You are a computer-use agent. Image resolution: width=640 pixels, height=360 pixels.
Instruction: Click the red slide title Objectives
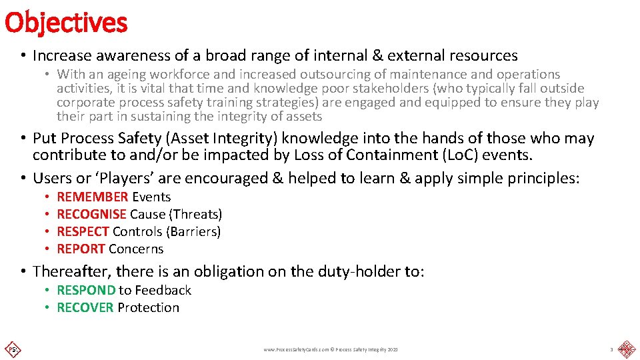(65, 22)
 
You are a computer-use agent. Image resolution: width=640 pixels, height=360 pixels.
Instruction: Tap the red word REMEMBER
(93, 197)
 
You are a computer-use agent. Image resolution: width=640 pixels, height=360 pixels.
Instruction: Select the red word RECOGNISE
(91, 214)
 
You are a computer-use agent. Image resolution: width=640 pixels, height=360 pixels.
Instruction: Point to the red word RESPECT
(83, 231)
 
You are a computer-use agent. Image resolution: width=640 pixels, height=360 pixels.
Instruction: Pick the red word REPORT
(81, 249)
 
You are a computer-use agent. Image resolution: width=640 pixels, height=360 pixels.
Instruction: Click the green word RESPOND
(86, 290)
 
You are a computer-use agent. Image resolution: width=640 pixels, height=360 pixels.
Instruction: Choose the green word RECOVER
(85, 307)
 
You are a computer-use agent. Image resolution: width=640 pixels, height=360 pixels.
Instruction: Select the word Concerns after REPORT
(136, 249)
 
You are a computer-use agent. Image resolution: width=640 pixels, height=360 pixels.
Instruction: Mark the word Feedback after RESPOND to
(163, 290)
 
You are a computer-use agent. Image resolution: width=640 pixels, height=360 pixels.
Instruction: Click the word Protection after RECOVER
(148, 307)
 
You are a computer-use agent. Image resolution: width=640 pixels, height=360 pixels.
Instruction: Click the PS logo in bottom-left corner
(12, 349)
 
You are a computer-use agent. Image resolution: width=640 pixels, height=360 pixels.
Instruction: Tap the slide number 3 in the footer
(611, 349)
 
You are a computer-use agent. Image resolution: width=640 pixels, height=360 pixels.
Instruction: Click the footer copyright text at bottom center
(331, 349)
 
